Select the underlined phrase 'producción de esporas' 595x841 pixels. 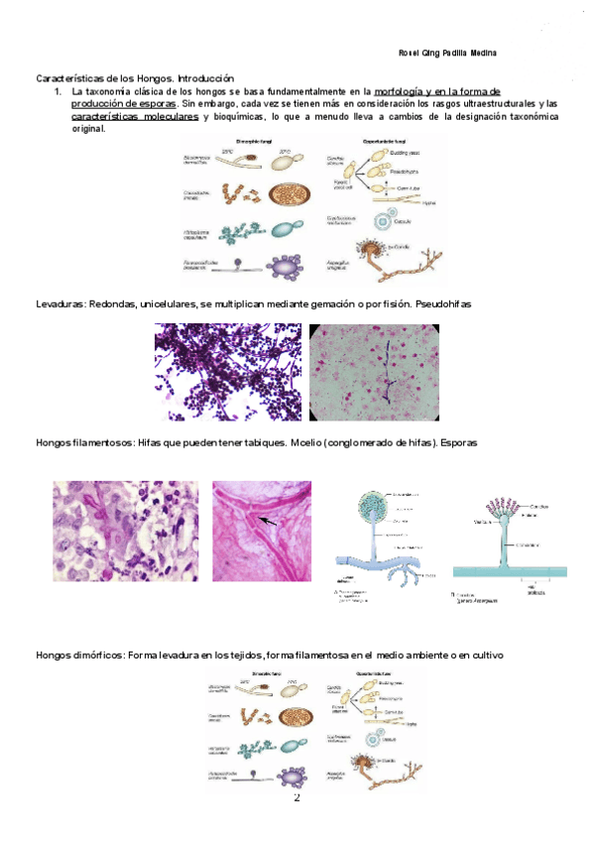click(x=123, y=103)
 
